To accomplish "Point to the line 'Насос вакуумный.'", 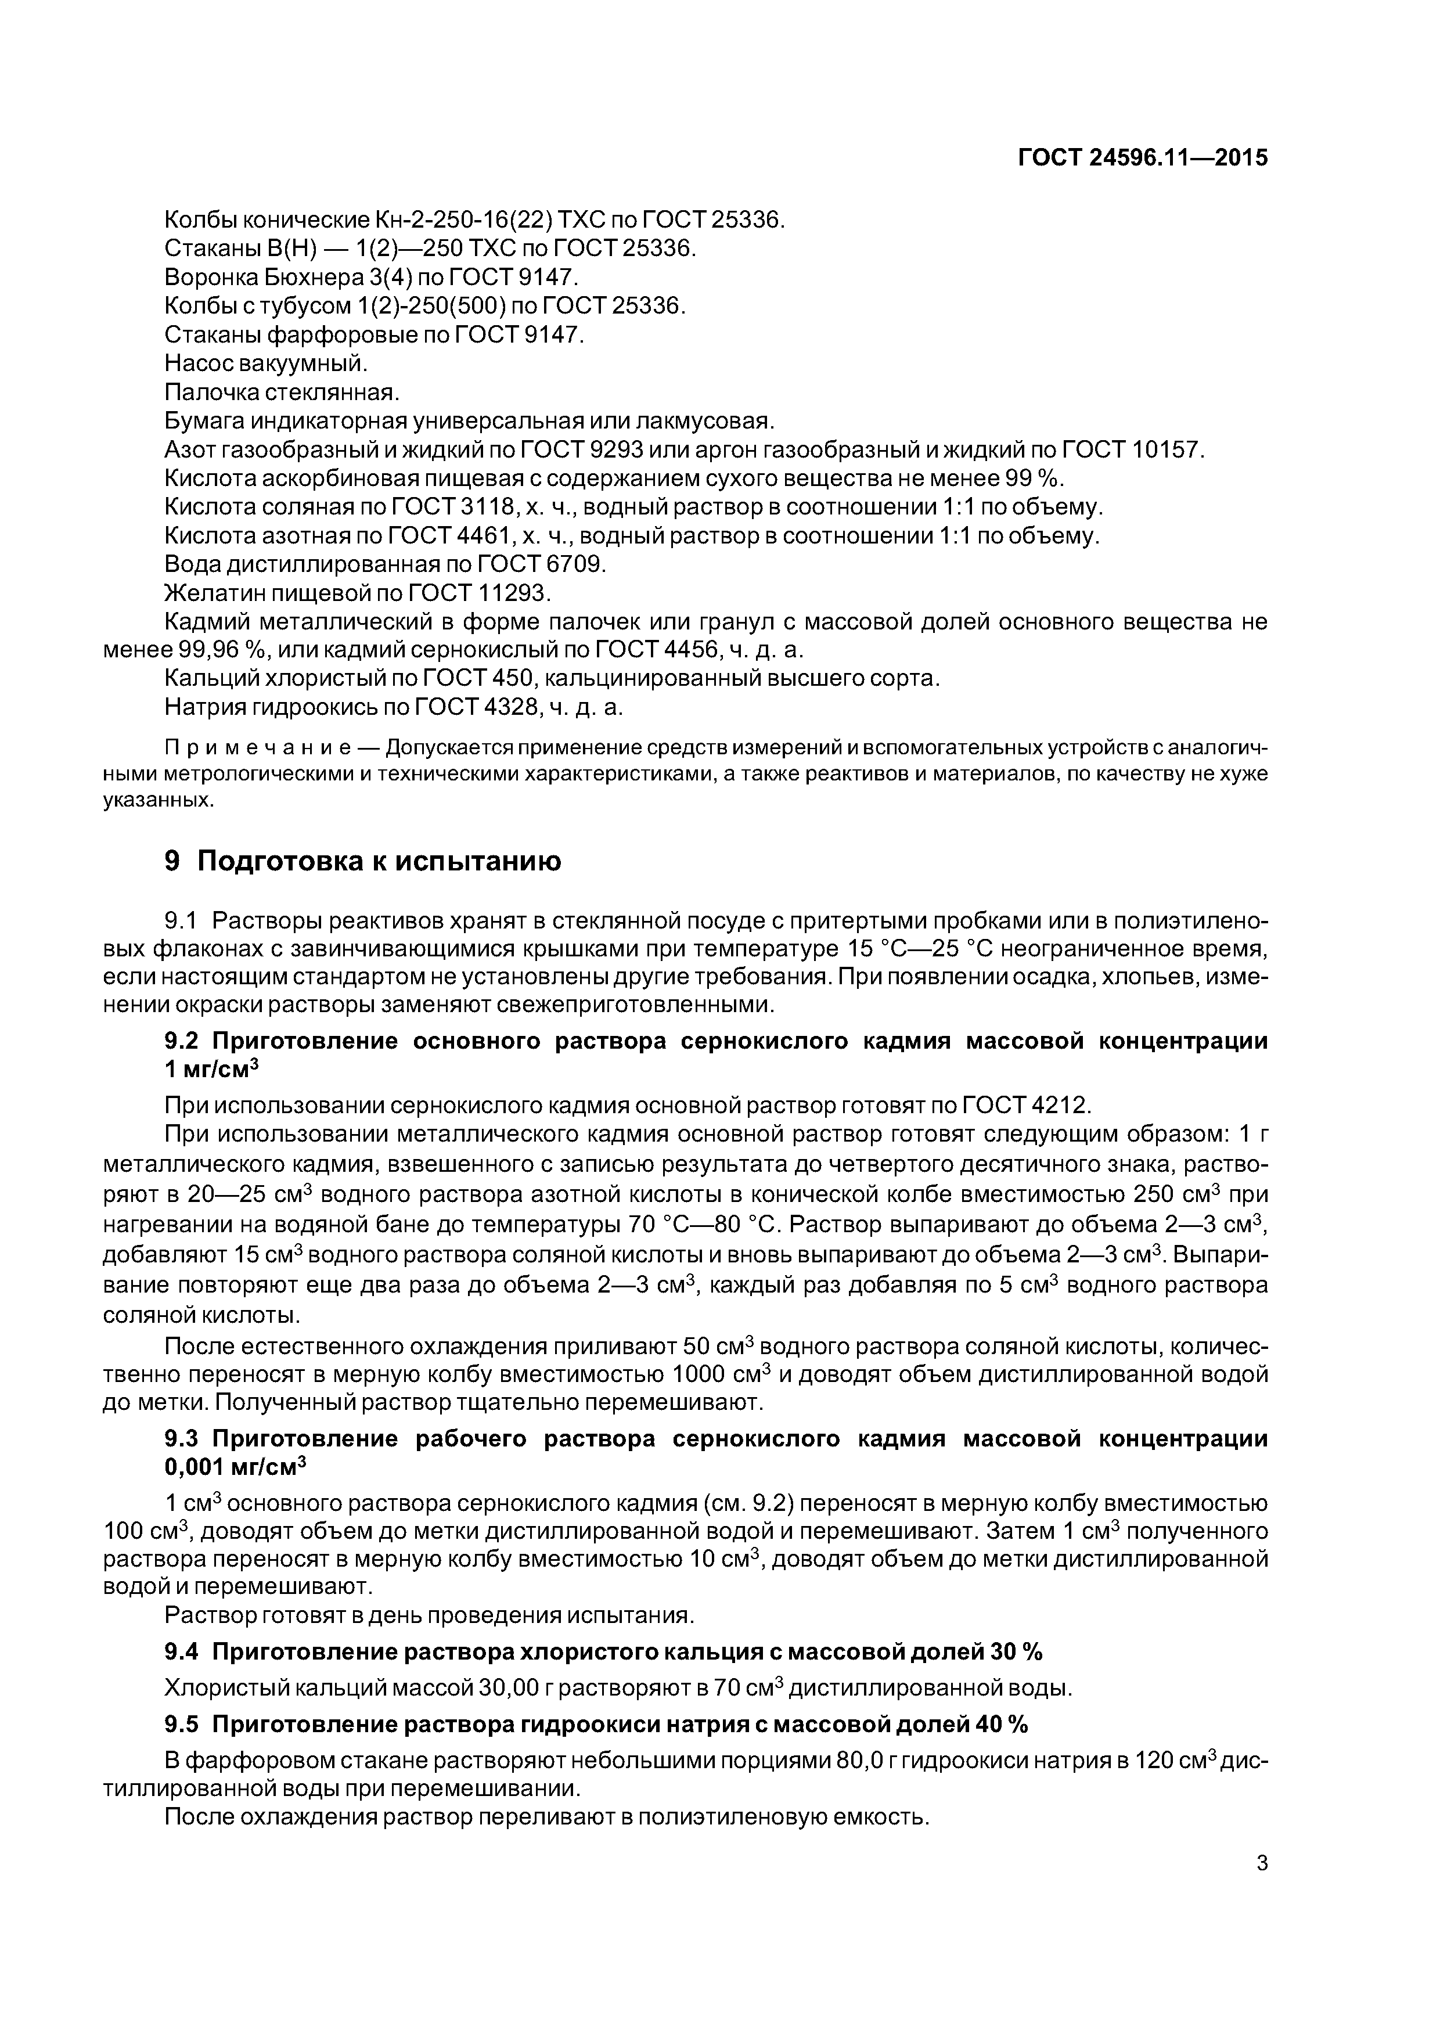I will [266, 363].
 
